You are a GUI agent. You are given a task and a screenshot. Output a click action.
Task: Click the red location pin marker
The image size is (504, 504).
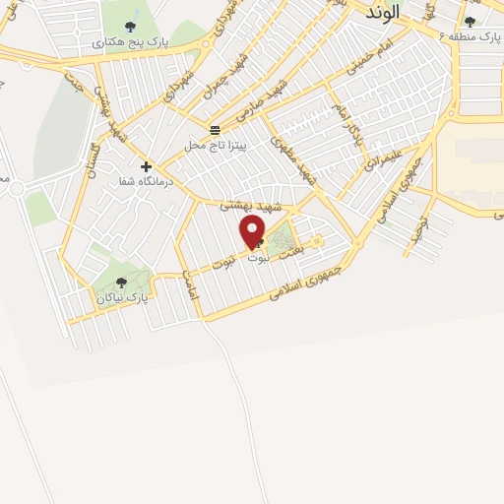(253, 231)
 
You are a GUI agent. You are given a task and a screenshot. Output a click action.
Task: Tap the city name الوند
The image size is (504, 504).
(381, 13)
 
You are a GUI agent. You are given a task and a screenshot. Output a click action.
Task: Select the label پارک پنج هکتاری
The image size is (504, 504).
(130, 43)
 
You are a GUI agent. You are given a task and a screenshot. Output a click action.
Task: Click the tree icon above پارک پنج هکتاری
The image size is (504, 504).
(132, 25)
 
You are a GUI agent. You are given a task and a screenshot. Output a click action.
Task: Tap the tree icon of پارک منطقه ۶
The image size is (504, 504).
(470, 21)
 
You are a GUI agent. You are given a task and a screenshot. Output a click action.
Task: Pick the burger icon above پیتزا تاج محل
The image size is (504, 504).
(215, 129)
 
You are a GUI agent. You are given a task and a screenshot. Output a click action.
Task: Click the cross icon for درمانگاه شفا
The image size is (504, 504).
(146, 166)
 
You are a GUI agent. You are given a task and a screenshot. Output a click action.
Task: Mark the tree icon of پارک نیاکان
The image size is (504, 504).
(122, 282)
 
